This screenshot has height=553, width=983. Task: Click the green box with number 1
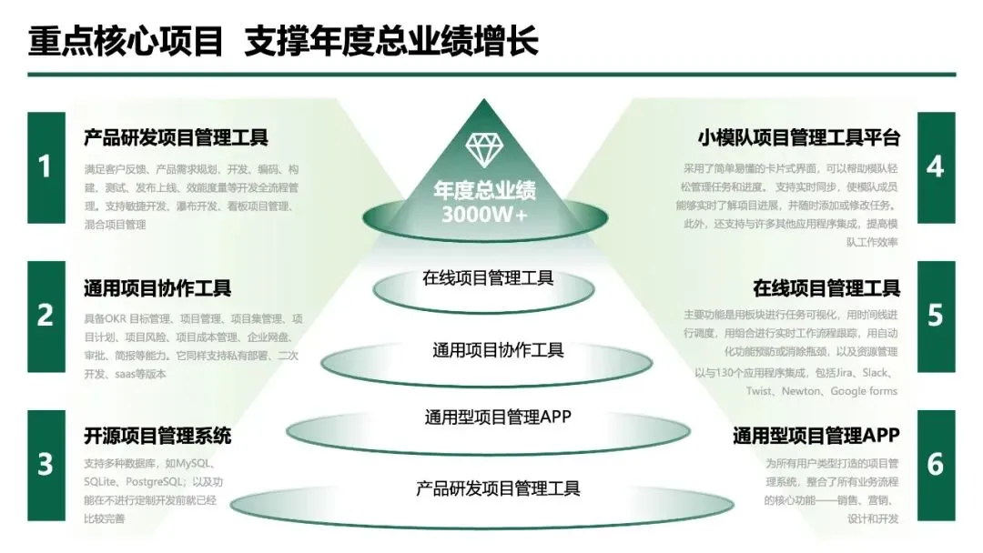[x=46, y=167]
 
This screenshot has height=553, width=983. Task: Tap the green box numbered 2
[x=46, y=317]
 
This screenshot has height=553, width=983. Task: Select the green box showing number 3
[x=46, y=464]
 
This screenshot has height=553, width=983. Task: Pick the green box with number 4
[x=936, y=167]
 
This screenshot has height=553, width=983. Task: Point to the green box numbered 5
[x=936, y=317]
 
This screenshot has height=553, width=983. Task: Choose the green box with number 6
[x=936, y=464]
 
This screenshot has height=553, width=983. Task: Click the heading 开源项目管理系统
[x=157, y=436]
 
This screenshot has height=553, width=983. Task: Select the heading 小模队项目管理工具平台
[x=798, y=138]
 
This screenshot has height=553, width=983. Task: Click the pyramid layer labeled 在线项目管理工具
[x=488, y=278]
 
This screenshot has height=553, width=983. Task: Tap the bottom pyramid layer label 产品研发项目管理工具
[x=498, y=488]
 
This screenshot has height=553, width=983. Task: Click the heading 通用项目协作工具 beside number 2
[x=157, y=288]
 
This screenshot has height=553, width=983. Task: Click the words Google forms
[x=864, y=391]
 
